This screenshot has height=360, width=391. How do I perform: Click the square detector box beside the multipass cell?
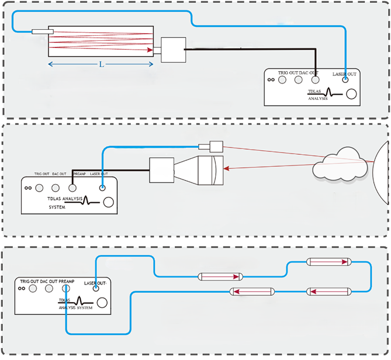pos(172,50)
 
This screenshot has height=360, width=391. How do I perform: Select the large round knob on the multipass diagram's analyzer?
pos(352,95)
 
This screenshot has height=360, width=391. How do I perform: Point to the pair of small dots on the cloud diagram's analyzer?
pos(28,188)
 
